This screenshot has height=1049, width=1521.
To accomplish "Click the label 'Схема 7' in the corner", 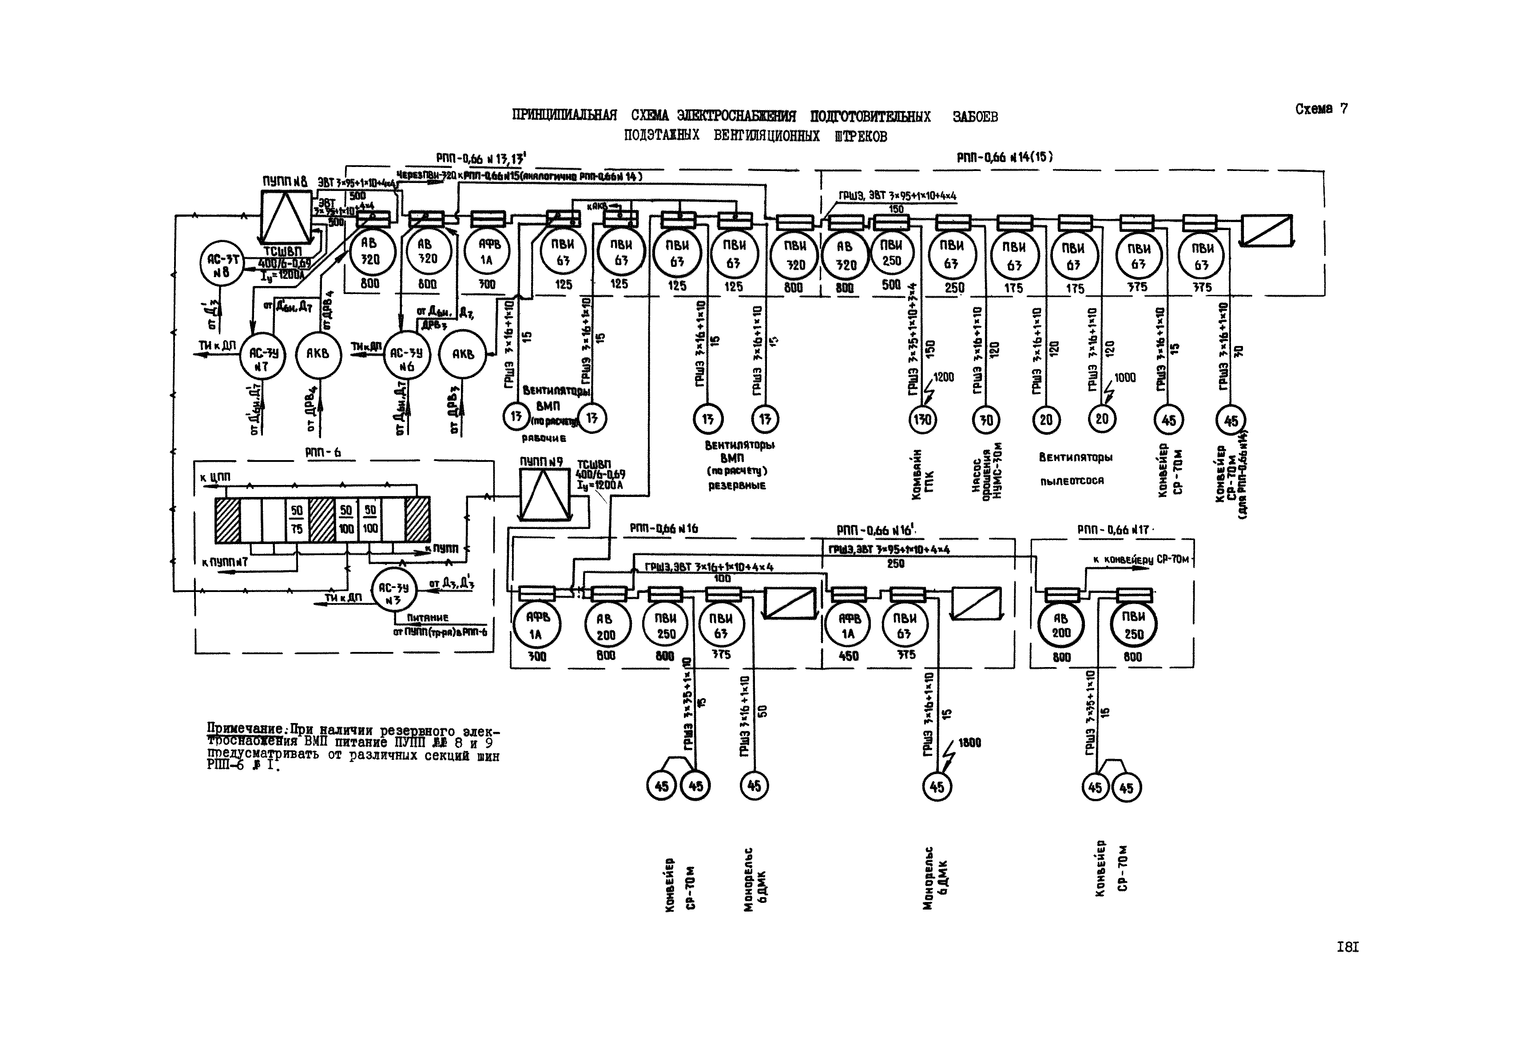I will point(1321,109).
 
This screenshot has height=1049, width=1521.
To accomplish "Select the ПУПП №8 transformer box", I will point(286,216).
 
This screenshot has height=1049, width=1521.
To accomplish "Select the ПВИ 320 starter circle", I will point(794,256).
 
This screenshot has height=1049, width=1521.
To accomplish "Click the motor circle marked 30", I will point(986,419).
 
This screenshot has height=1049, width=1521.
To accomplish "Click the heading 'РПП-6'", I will point(323,453).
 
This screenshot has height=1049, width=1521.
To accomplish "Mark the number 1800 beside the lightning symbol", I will point(969,743).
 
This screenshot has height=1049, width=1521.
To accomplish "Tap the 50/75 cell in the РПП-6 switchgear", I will point(297,519).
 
